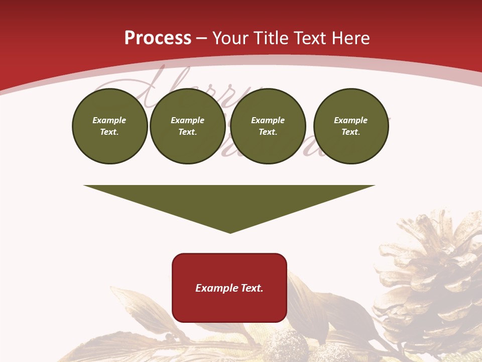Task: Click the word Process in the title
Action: pyautogui.click(x=158, y=38)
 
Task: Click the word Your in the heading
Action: pyautogui.click(x=231, y=38)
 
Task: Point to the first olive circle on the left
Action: pyautogui.click(x=110, y=126)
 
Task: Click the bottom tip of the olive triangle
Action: pyautogui.click(x=230, y=232)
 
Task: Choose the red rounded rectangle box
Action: pyautogui.click(x=229, y=307)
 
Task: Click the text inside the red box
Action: pyautogui.click(x=229, y=288)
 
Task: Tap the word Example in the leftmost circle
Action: pyautogui.click(x=109, y=120)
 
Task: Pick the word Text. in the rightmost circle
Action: pyautogui.click(x=351, y=132)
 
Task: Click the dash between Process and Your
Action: pyautogui.click(x=202, y=38)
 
